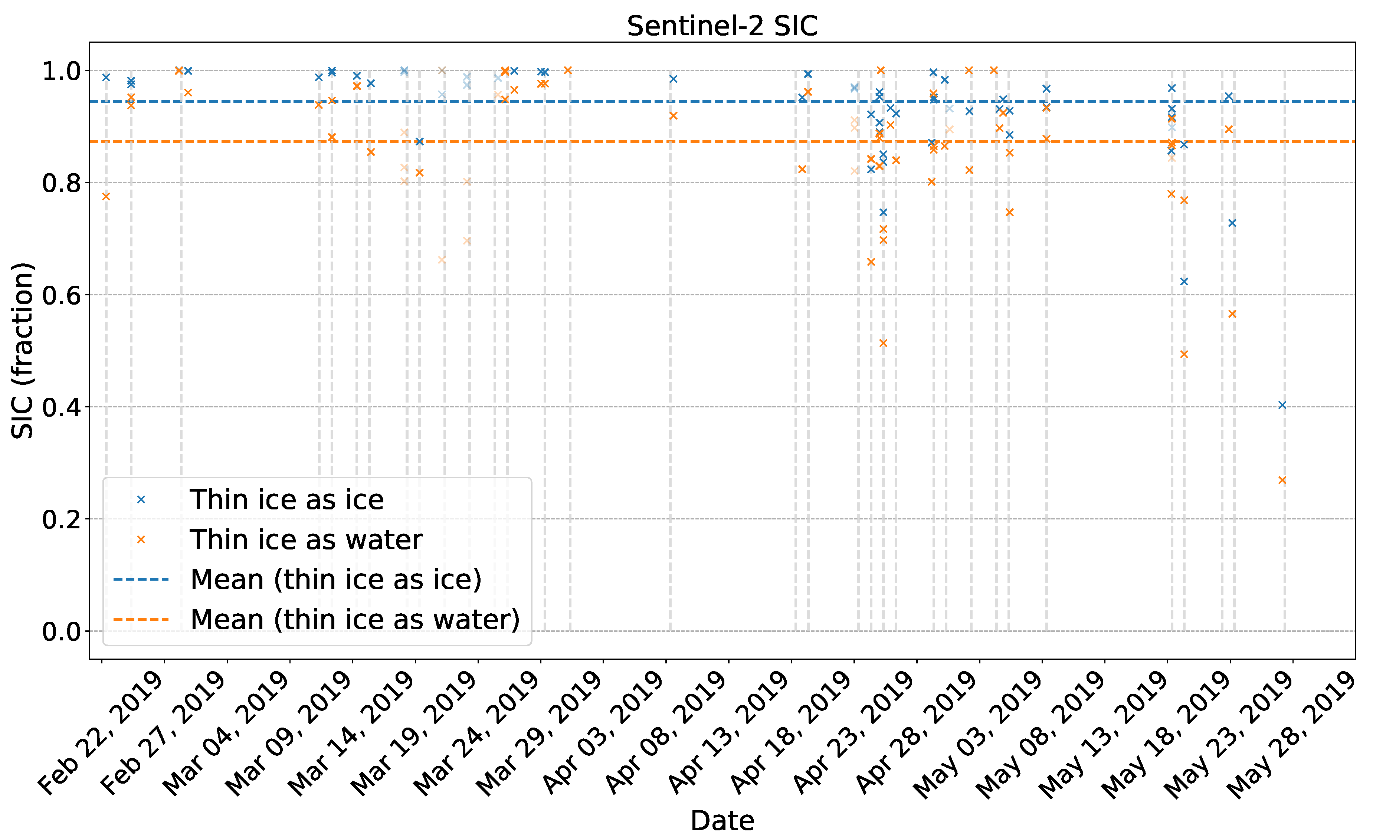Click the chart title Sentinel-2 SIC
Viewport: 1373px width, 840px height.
pyautogui.click(x=722, y=26)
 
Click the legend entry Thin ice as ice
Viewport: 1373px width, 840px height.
pyautogui.click(x=286, y=500)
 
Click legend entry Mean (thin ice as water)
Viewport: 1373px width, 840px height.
pyautogui.click(x=355, y=619)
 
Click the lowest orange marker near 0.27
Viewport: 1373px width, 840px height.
pyautogui.click(x=1282, y=480)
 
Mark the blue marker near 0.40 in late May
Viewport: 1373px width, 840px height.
pyautogui.click(x=1282, y=405)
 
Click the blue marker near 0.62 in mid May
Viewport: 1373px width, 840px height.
pyautogui.click(x=1184, y=281)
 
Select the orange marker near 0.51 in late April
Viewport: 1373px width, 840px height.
pyautogui.click(x=883, y=343)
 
